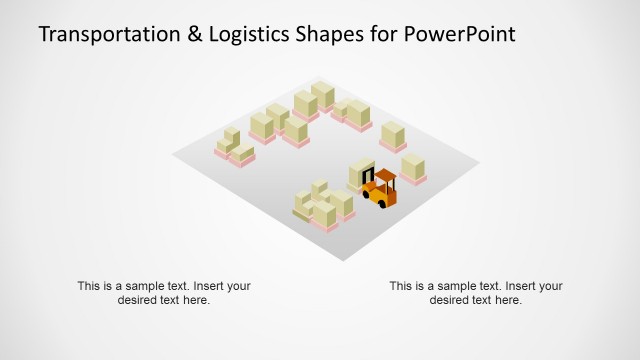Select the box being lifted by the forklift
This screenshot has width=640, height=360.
pos(360,173)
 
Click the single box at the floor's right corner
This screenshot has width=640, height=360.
pos(413,169)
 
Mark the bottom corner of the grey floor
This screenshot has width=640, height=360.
pos(342,259)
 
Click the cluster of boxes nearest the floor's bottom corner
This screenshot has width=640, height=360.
pos(322,207)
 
